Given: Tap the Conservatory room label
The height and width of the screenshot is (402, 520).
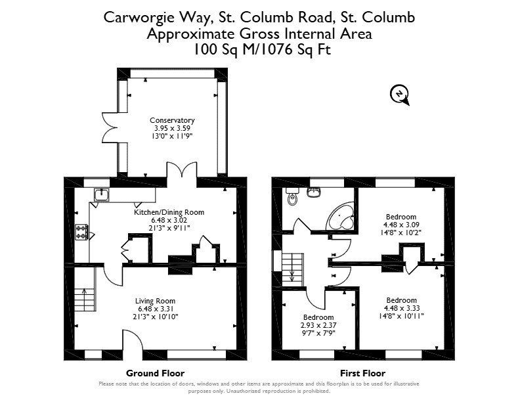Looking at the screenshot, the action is pyautogui.click(x=172, y=120).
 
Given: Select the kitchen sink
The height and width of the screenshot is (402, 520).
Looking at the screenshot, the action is pyautogui.click(x=102, y=194).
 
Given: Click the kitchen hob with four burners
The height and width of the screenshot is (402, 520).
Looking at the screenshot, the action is pyautogui.click(x=81, y=232).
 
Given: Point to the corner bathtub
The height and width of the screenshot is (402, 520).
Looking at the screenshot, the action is pyautogui.click(x=341, y=215).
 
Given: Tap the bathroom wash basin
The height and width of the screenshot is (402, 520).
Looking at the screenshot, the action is pyautogui.click(x=313, y=192).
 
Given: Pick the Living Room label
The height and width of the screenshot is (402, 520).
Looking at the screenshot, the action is pyautogui.click(x=155, y=301).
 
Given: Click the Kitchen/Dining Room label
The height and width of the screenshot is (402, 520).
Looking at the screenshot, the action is pyautogui.click(x=169, y=212).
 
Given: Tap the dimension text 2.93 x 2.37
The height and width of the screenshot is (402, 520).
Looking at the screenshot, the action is pyautogui.click(x=318, y=325).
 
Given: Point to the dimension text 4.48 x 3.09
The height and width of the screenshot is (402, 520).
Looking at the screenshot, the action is pyautogui.click(x=401, y=225).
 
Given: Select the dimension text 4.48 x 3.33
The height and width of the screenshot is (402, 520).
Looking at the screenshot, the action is pyautogui.click(x=401, y=308).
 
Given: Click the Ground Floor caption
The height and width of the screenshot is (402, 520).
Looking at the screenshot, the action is pyautogui.click(x=155, y=373).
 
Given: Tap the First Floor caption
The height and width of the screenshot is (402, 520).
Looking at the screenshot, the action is pyautogui.click(x=363, y=373).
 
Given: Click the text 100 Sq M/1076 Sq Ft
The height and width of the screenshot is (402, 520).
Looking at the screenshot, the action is pyautogui.click(x=262, y=50).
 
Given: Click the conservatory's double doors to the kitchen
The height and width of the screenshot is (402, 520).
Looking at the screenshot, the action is pyautogui.click(x=182, y=170).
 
